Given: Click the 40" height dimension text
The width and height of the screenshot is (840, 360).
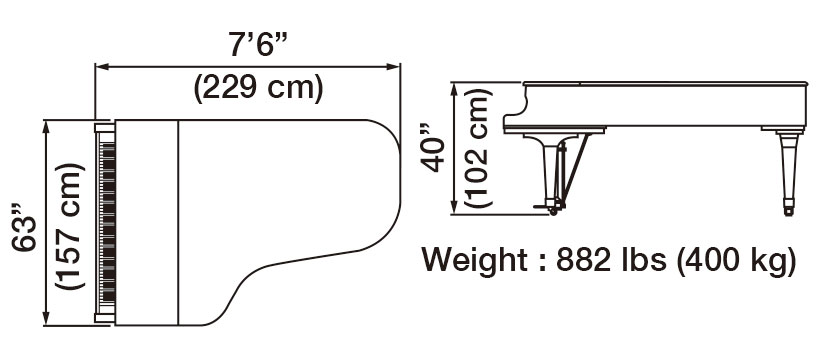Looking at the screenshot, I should [431, 148].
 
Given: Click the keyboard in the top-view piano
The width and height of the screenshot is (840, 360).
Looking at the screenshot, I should [104, 222].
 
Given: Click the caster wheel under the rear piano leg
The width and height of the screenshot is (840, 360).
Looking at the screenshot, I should [789, 211].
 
